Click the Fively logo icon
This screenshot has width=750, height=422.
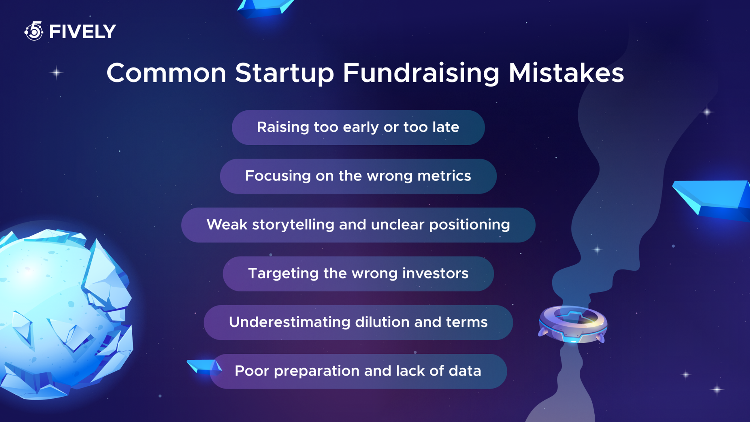point(34,31)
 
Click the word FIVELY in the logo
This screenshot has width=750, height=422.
point(82,32)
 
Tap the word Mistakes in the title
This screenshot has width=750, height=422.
point(566,73)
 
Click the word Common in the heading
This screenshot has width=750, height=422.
point(166,73)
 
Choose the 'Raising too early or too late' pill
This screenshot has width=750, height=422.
point(358,128)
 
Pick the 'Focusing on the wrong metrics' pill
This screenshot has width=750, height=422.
point(358,176)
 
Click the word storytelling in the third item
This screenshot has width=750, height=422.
point(293,225)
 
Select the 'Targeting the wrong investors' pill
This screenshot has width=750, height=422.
point(358,274)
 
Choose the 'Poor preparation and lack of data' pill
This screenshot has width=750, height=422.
point(358,371)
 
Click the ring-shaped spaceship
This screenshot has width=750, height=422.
point(573,324)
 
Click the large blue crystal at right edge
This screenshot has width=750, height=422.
point(712,199)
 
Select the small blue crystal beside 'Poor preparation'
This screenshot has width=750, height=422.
point(204,366)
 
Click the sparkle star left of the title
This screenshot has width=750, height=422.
point(56,72)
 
